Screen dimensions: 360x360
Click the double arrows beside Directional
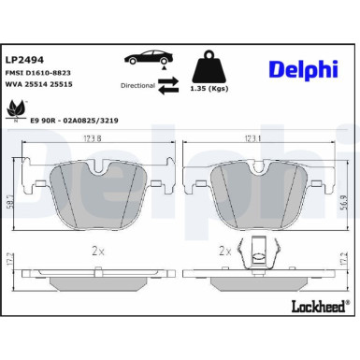tap(169, 85)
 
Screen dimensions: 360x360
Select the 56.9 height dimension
tap(347, 198)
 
